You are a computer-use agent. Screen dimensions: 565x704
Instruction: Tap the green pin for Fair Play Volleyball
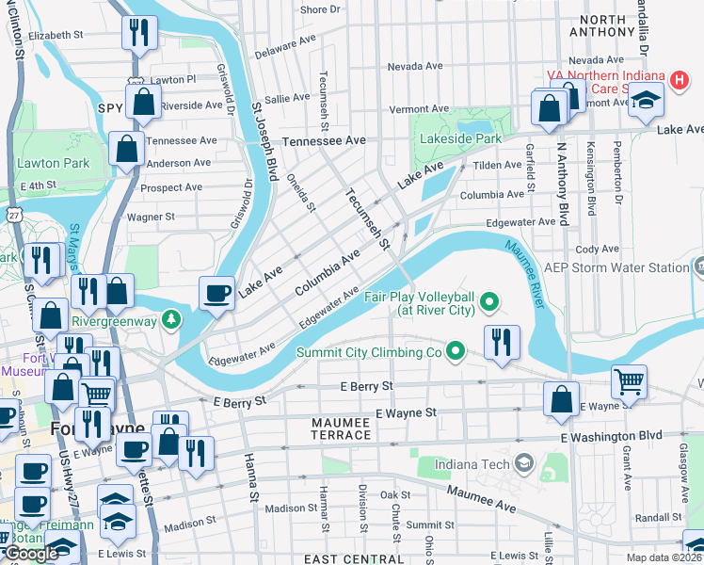coord(488,302)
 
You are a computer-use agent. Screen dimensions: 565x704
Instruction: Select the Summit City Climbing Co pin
coord(456,353)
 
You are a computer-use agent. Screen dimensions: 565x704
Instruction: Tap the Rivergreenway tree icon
coord(170,319)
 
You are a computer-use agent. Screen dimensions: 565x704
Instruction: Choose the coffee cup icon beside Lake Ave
coord(217,293)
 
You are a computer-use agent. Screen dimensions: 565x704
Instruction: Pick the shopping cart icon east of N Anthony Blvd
coord(629,380)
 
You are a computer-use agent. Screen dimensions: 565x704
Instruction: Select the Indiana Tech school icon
coord(524,463)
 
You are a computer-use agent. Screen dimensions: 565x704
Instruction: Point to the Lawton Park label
coord(53,163)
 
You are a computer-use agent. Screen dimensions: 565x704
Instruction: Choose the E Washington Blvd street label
coord(612,437)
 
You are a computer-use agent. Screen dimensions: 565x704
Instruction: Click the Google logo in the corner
coord(32,554)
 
